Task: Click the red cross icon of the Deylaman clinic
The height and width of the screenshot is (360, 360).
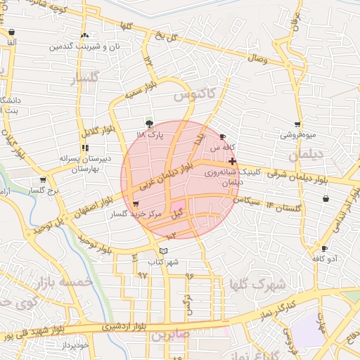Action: coord(233,162)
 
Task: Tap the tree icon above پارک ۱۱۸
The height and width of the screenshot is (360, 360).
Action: coord(148,123)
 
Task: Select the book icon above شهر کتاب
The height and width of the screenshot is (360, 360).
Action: coord(164,250)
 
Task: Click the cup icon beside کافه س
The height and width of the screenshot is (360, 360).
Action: coord(223,137)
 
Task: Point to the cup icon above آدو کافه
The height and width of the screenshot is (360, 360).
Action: coord(323,248)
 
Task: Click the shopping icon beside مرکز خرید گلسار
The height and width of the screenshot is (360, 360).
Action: coord(135,203)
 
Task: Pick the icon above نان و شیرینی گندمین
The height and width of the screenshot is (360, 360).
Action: coord(84,34)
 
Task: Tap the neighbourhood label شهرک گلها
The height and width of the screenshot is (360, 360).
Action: coord(257,285)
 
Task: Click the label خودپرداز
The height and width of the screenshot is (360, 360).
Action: coord(74,345)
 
